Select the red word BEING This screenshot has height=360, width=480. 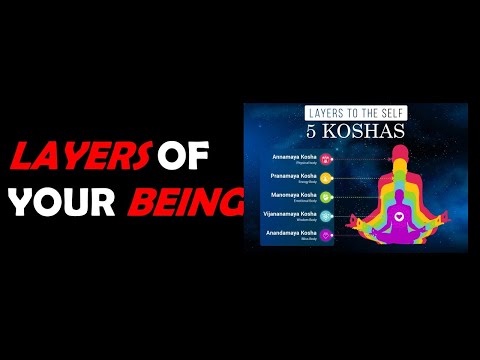(184, 203)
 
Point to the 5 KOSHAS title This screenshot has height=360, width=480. (344, 134)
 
